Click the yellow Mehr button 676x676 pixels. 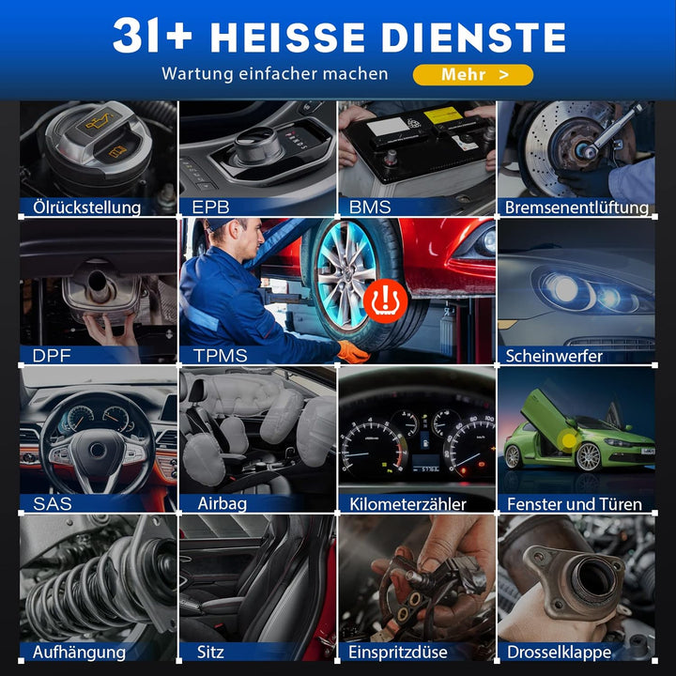click(x=473, y=74)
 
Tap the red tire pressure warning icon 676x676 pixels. click(x=385, y=301)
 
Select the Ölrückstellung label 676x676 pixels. click(x=87, y=207)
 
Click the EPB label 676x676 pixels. click(x=210, y=207)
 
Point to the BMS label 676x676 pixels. click(x=370, y=207)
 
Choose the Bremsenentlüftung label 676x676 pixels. click(x=576, y=207)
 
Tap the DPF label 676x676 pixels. click(x=52, y=356)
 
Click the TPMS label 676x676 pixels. click(x=221, y=356)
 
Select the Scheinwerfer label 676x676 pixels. click(x=554, y=356)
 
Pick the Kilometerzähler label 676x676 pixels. click(x=407, y=504)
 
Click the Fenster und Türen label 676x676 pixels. click(x=575, y=504)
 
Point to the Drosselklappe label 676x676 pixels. click(x=560, y=653)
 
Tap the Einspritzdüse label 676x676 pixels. click(x=398, y=653)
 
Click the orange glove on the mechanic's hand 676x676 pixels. click(x=352, y=351)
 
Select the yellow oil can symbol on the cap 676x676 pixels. click(x=99, y=122)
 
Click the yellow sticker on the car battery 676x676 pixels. click(x=443, y=115)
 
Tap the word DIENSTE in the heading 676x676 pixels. click(x=473, y=38)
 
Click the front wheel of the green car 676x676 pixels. click(x=588, y=456)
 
